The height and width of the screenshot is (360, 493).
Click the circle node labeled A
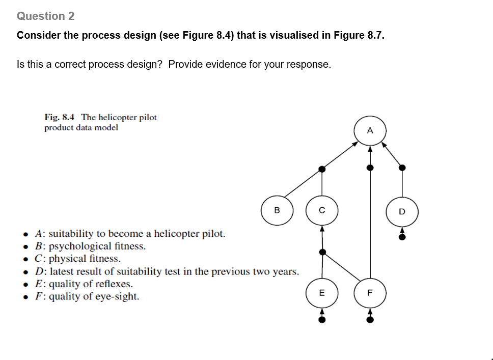click(x=370, y=130)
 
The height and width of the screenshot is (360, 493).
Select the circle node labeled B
click(x=277, y=210)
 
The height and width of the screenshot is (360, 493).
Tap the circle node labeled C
click(x=321, y=210)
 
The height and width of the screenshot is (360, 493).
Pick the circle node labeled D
click(x=402, y=211)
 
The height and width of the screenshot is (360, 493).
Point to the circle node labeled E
click(x=321, y=293)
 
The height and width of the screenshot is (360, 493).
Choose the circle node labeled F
click(x=370, y=293)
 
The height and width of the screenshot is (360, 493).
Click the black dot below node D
click(x=402, y=236)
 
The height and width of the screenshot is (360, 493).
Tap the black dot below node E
click(x=321, y=319)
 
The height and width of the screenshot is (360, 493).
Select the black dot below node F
click(x=370, y=319)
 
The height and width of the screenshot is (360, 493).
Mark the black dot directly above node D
click(x=402, y=167)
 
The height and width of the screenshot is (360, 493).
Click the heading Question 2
click(x=46, y=16)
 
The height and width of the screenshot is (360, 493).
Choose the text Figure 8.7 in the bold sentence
click(x=359, y=36)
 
